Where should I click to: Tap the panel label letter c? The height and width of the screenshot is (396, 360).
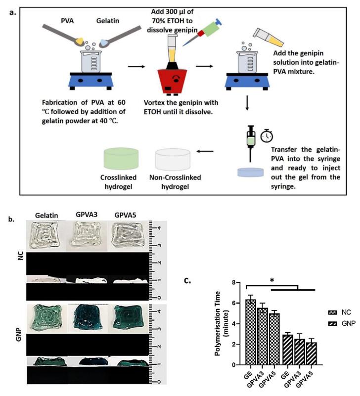pos(187,280)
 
